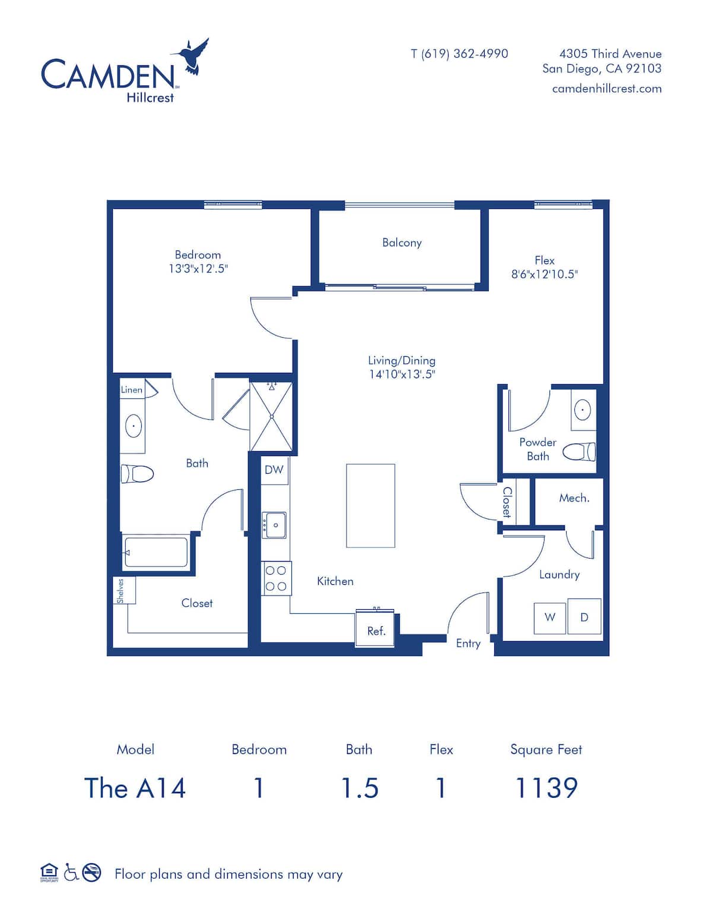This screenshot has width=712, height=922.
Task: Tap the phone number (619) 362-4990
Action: coord(465,54)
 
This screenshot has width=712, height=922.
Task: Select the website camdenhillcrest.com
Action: coord(607,88)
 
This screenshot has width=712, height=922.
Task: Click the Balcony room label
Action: coord(402,243)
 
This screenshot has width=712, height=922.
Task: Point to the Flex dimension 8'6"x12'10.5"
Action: coord(545,274)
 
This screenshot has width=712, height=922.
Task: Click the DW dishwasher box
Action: coord(274,470)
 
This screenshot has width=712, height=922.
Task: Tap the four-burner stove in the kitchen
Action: coord(276,579)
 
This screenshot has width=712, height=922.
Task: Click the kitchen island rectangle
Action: coord(371,506)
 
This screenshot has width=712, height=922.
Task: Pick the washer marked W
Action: coord(550,618)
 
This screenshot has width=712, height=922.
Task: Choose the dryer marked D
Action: coord(584,616)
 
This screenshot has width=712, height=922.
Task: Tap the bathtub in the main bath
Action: coord(156,552)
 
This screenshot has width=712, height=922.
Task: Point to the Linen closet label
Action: coord(132,389)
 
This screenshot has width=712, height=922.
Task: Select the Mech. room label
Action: coord(574,498)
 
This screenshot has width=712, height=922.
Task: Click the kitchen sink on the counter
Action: coord(274,525)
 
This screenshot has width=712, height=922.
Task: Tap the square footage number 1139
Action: coord(546,788)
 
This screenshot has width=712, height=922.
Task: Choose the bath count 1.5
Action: coord(360,788)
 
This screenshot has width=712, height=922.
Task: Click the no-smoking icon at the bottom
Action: coord(91,872)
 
